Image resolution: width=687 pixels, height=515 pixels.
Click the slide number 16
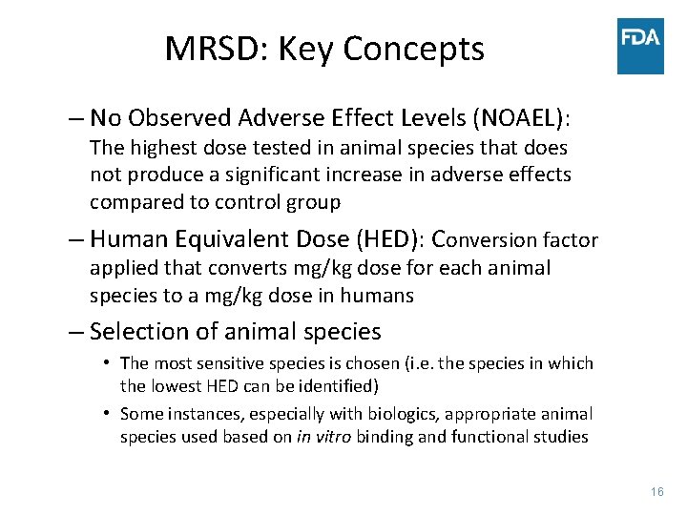point(656,491)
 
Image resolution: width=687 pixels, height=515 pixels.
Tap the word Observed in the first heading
point(178,118)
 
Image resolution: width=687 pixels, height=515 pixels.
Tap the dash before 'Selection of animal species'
point(75,332)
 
